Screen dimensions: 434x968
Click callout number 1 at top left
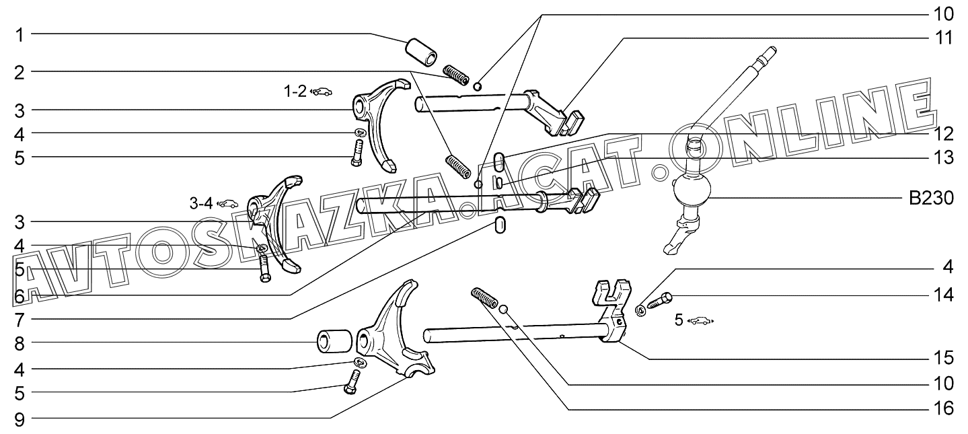click(20, 34)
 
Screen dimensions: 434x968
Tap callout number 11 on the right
click(946, 38)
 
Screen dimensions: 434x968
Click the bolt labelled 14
click(662, 300)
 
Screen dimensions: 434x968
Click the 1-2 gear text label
click(294, 92)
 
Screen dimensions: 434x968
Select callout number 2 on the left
click(20, 71)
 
